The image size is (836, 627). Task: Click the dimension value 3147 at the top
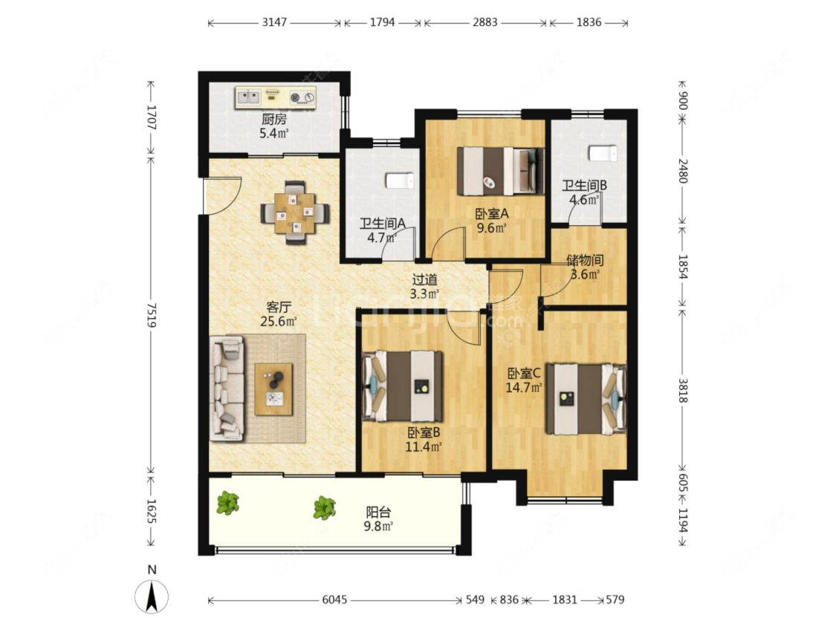pyautogui.click(x=274, y=22)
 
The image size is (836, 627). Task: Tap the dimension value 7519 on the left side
pyautogui.click(x=152, y=314)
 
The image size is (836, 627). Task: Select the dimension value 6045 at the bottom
pyautogui.click(x=334, y=600)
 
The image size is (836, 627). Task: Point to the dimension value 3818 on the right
pyautogui.click(x=683, y=390)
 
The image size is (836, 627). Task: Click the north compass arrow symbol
pyautogui.click(x=152, y=595)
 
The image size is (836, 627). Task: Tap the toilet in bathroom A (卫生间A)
pyautogui.click(x=400, y=181)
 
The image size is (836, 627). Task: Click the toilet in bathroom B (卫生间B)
pyautogui.click(x=603, y=153)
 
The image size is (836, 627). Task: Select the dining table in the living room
pyautogui.click(x=295, y=213)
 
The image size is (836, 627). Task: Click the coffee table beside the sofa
pyautogui.click(x=273, y=389)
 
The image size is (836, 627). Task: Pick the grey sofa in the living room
pyautogui.click(x=227, y=389)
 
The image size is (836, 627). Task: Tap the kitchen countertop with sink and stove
pyautogui.click(x=276, y=97)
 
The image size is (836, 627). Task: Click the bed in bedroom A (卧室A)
pyautogui.click(x=501, y=171)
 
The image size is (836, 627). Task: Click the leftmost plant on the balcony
pyautogui.click(x=227, y=502)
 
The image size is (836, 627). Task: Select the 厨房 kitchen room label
pyautogui.click(x=274, y=119)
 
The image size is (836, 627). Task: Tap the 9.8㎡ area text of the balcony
pyautogui.click(x=378, y=527)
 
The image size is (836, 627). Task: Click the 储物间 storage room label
pyautogui.click(x=585, y=260)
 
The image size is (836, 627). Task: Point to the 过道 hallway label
pyautogui.click(x=425, y=279)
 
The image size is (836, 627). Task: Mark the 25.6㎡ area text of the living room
pyautogui.click(x=279, y=322)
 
